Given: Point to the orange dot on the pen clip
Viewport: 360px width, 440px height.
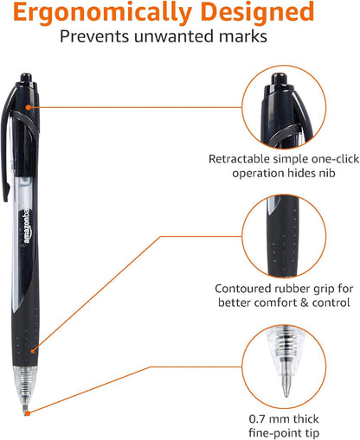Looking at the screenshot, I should (29, 106).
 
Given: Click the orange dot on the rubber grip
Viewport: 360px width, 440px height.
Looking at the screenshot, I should (32, 351).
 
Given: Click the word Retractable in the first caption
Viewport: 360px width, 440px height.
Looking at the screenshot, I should (236, 160).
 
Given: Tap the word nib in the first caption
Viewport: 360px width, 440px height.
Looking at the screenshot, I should (329, 174).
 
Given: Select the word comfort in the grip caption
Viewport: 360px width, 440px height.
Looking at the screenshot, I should (283, 303).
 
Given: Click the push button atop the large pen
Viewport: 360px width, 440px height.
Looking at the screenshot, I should (25, 81).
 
